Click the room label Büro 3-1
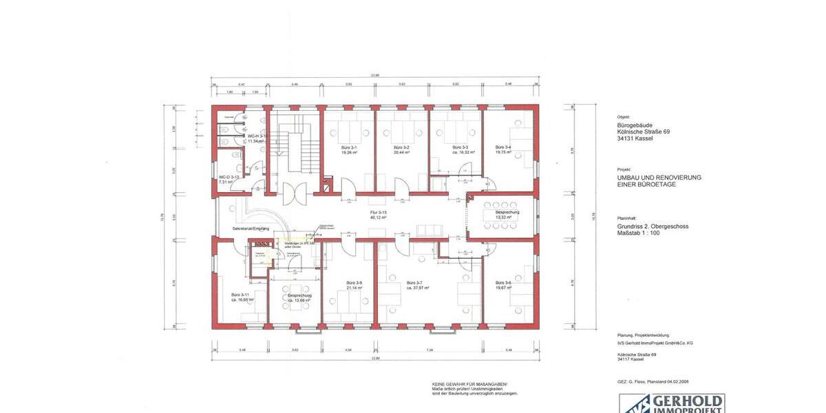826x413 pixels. [x=349, y=148]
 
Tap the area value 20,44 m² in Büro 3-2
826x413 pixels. [x=401, y=153]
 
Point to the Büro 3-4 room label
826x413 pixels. [x=503, y=148]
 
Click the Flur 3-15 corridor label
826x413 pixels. [x=379, y=213]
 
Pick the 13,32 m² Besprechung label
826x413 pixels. [x=507, y=217]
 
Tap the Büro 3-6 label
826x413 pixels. [x=503, y=283]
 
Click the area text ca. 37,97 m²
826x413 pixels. [x=418, y=288]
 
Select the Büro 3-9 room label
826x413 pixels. [x=354, y=283]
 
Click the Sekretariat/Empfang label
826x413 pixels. [x=251, y=228]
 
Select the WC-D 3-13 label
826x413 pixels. [x=229, y=177]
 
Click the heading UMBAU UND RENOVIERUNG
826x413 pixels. [x=659, y=177]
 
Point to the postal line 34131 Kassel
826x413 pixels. [x=635, y=138]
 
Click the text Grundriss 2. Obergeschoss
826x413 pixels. [x=653, y=226]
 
